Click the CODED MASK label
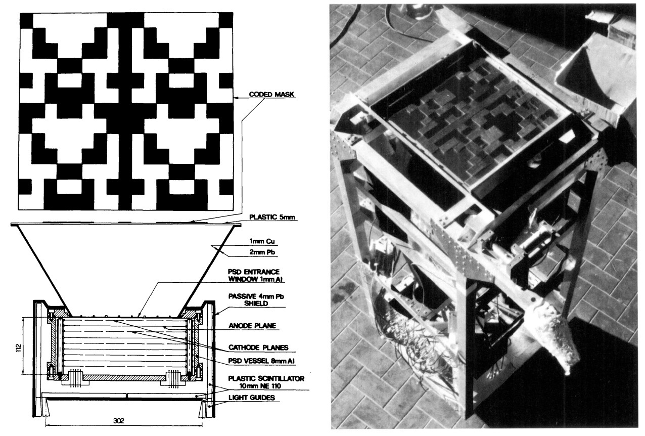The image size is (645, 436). [271, 95]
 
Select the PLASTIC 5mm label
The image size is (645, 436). [272, 217]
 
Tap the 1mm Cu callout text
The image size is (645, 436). [262, 241]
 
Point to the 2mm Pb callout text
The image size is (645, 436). [262, 252]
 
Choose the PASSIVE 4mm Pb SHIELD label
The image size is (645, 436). [256, 300]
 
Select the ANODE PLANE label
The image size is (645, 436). [253, 326]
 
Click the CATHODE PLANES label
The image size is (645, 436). [258, 347]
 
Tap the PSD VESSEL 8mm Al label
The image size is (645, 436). [261, 361]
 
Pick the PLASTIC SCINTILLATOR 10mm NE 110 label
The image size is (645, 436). [266, 382]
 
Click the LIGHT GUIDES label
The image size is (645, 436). [252, 398]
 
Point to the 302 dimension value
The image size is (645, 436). [119, 421]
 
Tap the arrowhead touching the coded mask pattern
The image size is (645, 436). [236, 98]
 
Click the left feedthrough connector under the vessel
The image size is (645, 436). [75, 378]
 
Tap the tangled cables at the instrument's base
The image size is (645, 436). [414, 346]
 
